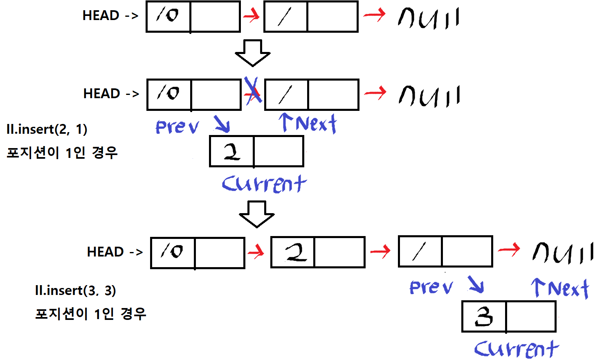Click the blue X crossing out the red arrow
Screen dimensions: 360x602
click(x=253, y=91)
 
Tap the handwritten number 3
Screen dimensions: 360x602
click(x=484, y=317)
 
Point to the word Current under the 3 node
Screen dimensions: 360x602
click(x=516, y=349)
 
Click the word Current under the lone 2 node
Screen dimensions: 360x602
click(x=264, y=184)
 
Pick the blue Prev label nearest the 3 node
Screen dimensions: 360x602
click(x=431, y=287)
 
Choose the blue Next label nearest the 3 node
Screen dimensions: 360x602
click(x=561, y=288)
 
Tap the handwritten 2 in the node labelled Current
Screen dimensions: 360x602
click(x=232, y=152)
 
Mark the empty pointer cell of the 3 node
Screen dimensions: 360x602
click(x=530, y=317)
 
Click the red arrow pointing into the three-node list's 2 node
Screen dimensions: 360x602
click(x=256, y=252)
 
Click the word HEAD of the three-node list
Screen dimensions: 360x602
click(x=106, y=252)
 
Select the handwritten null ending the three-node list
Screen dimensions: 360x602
click(x=563, y=252)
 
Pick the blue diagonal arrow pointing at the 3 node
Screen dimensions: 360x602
click(x=476, y=285)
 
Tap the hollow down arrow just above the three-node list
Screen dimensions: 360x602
click(x=256, y=214)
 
